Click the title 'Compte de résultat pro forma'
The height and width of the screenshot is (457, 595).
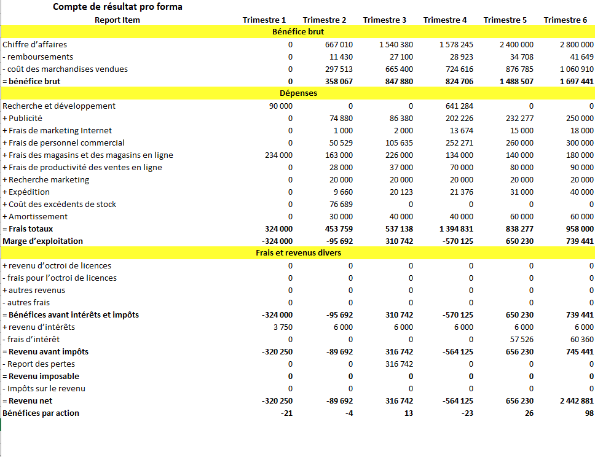117,7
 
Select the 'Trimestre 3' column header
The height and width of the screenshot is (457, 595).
384,20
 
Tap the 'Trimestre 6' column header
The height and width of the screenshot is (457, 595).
565,20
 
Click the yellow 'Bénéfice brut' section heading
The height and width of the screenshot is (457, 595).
297,31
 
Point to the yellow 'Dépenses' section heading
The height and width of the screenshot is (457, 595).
297,93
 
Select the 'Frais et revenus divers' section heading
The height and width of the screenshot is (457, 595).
297,253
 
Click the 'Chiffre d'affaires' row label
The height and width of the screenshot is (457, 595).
35,44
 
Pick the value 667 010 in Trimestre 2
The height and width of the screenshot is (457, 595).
339,44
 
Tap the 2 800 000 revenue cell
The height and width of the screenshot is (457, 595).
577,44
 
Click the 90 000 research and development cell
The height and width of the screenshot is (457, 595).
280,106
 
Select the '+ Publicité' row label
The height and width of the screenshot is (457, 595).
23,118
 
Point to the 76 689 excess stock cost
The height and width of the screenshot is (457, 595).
341,204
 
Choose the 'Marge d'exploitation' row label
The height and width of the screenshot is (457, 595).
42,241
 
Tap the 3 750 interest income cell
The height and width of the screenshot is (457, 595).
283,327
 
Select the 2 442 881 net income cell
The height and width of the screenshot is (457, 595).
577,400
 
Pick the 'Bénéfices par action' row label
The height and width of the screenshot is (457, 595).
41,413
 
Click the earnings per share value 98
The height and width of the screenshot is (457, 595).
589,413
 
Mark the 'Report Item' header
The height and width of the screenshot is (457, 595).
117,20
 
